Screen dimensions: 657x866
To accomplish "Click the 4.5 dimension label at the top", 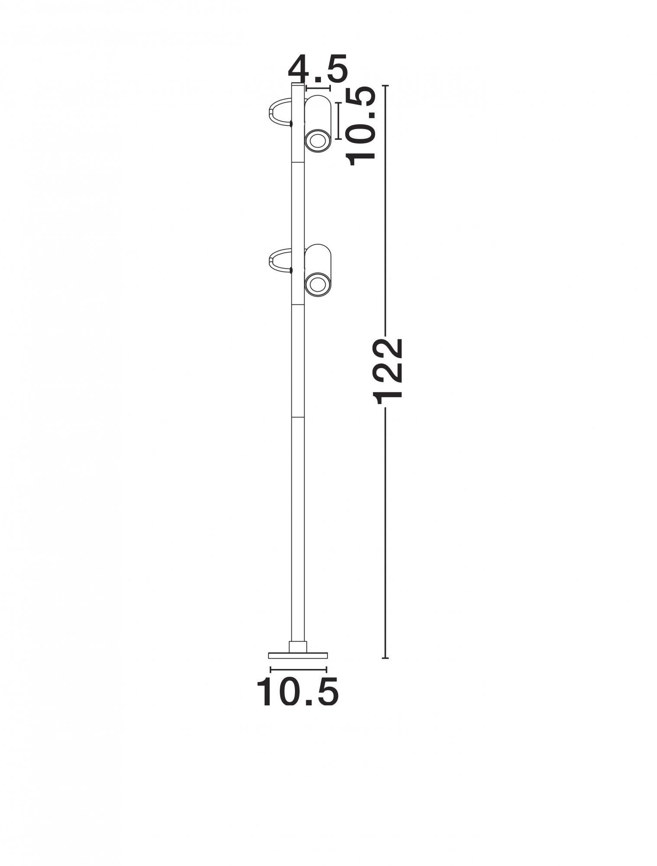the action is (317, 69).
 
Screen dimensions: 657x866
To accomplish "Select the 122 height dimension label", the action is (388, 372).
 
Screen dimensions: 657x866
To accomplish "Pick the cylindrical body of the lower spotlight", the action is (317, 271).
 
